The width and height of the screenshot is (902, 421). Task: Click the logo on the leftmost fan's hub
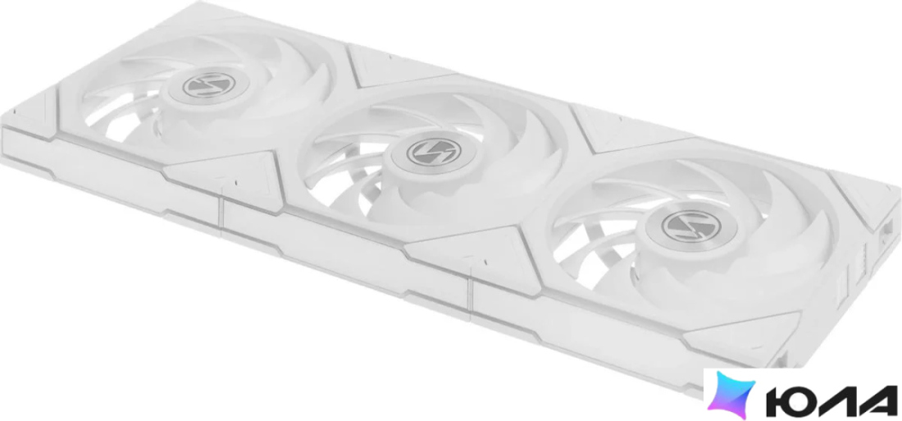[x=209, y=85]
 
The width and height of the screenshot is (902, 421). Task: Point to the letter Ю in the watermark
[x=790, y=400]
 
